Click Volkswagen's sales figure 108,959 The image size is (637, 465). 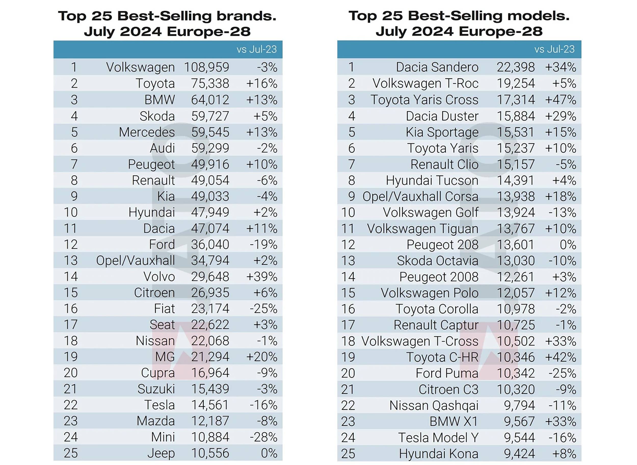click(x=206, y=67)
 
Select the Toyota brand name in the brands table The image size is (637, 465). click(x=155, y=83)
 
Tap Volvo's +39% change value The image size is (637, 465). click(x=262, y=277)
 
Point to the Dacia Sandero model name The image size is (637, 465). click(x=437, y=67)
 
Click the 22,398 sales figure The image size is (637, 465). click(x=515, y=67)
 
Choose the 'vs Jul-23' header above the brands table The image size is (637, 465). click(x=256, y=50)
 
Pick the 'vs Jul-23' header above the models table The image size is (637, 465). click(x=554, y=49)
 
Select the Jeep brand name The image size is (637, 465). click(x=161, y=454)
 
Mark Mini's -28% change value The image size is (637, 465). click(x=263, y=438)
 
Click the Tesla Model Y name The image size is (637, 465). click(x=438, y=438)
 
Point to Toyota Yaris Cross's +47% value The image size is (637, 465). click(x=560, y=100)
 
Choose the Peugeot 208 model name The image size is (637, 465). click(x=442, y=245)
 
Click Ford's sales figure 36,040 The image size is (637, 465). click(x=210, y=245)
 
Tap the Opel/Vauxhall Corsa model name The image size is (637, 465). click(x=420, y=196)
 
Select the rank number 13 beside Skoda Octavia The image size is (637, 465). click(x=348, y=261)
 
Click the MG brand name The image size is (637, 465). click(x=165, y=357)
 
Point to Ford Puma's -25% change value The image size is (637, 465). click(x=562, y=373)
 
